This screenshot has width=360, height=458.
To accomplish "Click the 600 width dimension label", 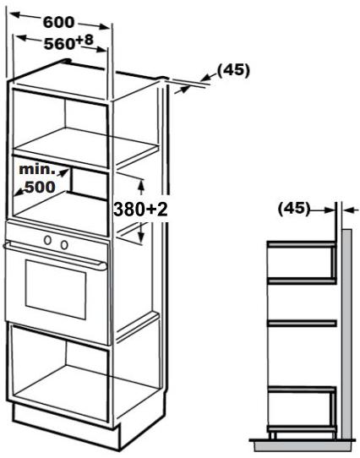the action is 59,23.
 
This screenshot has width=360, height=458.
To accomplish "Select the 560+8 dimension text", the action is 68,42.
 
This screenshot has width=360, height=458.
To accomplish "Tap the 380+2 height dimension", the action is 140,209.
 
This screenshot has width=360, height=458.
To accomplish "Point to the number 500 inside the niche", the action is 40,187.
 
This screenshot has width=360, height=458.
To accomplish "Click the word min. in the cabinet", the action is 37,170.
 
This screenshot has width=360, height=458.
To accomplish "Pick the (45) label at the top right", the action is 233,70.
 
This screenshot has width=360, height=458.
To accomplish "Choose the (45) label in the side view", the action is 294,209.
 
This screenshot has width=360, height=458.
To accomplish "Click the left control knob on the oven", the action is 47,240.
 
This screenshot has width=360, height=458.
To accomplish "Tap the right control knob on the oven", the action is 64,245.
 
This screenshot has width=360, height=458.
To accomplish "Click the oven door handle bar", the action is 55,255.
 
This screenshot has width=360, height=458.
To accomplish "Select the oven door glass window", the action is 56,289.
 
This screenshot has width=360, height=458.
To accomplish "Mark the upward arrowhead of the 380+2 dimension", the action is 141,183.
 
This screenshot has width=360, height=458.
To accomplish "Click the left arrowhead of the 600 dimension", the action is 15,14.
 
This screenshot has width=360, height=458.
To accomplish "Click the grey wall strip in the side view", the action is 346,334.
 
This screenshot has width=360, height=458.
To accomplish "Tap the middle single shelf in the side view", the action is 302,323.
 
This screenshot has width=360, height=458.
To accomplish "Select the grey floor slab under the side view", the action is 303,445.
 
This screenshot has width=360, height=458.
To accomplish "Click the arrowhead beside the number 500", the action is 19,192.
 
